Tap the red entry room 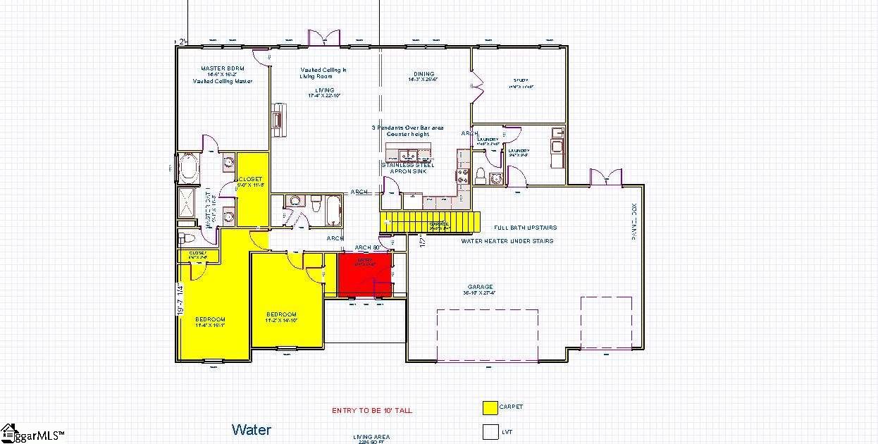pos(366,275)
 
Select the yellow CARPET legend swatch pos(490,407)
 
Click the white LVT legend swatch pos(490,431)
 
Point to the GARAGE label pos(480,287)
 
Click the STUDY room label pos(521,80)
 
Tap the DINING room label pos(423,74)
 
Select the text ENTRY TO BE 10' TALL pos(372,410)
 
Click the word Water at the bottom pos(251,429)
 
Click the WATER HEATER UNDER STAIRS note pos(507,241)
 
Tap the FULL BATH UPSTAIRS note pos(525,228)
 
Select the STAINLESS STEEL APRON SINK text pos(407,168)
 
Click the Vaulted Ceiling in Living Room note pos(323,73)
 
